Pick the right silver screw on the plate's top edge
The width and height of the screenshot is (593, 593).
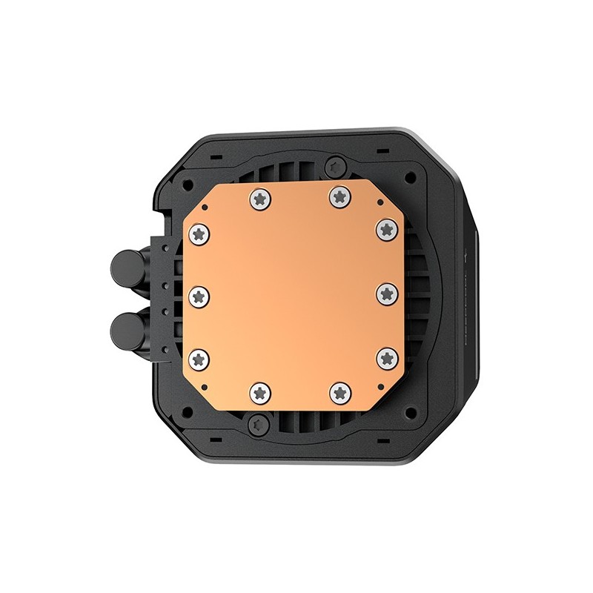pyautogui.click(x=339, y=196)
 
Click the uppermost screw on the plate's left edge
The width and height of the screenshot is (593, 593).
pyautogui.click(x=199, y=233)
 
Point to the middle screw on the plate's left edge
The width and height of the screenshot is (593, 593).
pyautogui.click(x=199, y=296)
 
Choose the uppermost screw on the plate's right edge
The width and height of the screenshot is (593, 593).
pyautogui.click(x=386, y=228)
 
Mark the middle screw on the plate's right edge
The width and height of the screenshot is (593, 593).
pyautogui.click(x=387, y=294)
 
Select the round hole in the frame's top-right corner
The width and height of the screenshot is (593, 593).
pyautogui.click(x=410, y=176)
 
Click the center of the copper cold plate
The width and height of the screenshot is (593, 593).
pyautogui.click(x=294, y=295)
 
